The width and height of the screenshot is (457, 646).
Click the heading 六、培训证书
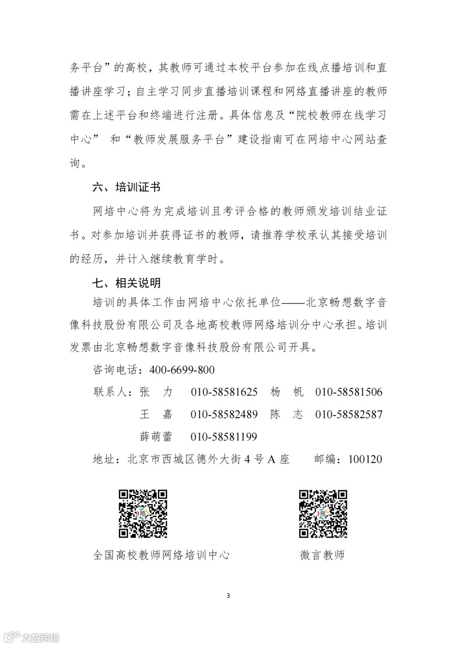click(126, 187)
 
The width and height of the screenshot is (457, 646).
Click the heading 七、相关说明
click(126, 283)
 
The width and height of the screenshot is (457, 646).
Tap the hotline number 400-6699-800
click(182, 370)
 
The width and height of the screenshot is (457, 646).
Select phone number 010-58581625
click(224, 392)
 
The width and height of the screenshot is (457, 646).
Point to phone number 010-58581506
click(349, 392)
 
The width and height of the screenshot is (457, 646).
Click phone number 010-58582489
click(224, 414)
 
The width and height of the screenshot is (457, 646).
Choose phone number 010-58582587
click(349, 414)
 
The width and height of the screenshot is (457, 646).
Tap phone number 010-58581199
click(224, 437)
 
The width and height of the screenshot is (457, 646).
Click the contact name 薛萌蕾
click(156, 437)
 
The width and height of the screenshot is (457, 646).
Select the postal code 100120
click(365, 459)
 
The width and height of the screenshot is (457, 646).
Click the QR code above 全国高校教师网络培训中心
click(143, 514)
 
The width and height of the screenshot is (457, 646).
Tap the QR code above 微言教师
click(323, 514)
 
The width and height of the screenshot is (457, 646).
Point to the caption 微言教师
click(322, 555)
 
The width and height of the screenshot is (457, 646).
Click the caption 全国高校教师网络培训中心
click(161, 555)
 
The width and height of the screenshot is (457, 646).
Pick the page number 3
click(228, 596)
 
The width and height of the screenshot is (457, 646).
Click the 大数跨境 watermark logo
click(31, 637)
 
